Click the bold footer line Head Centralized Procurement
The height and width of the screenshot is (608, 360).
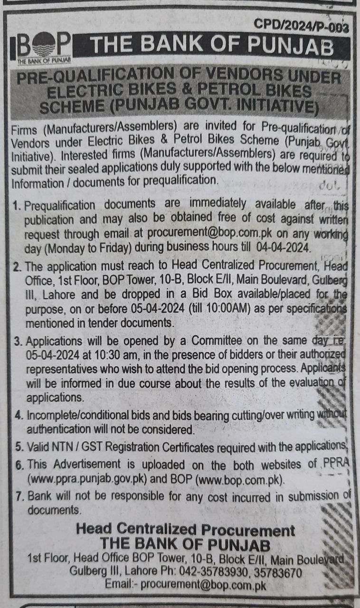(185, 530)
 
